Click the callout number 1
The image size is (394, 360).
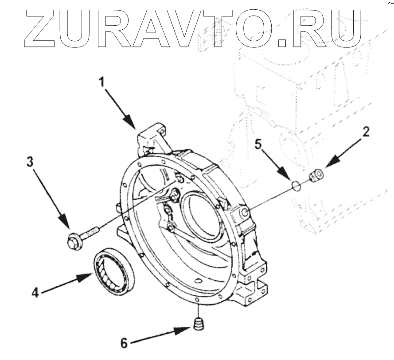click(102, 81)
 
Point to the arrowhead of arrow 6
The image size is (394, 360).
click(188, 329)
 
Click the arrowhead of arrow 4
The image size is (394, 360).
click(87, 278)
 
